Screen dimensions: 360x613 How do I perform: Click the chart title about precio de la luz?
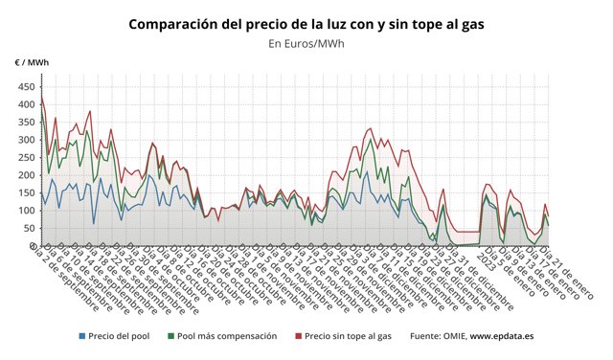coord(306,23)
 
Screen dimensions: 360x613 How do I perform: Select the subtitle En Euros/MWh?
coord(306,43)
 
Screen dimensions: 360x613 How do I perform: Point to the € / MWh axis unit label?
coord(32,62)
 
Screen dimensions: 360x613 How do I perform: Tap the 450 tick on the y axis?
coord(24,86)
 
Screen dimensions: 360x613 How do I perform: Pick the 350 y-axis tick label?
coord(24,122)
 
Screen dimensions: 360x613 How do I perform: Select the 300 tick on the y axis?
coord(24,140)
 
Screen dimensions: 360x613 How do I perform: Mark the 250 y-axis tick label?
coord(24,157)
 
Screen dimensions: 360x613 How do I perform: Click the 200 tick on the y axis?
coord(24,175)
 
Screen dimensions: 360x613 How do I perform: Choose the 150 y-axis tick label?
coord(24,192)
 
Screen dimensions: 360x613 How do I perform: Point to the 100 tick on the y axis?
coord(24,211)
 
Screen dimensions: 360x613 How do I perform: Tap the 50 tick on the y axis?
coord(27,228)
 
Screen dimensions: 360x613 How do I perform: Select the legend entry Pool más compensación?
coord(226,336)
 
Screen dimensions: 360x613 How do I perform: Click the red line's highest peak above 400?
coord(41,96)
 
